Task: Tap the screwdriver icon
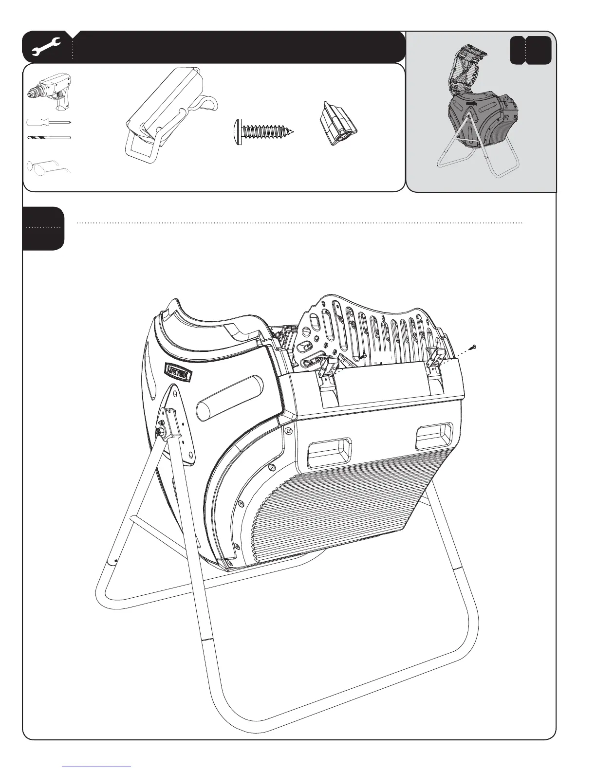click(x=49, y=122)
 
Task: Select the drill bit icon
click(x=49, y=138)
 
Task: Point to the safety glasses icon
click(x=49, y=166)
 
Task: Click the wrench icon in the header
click(x=46, y=46)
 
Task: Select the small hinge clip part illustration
click(x=339, y=125)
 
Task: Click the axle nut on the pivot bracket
click(x=160, y=430)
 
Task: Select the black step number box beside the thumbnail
click(x=530, y=50)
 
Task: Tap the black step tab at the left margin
click(x=43, y=228)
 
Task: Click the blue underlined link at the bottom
click(x=97, y=766)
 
